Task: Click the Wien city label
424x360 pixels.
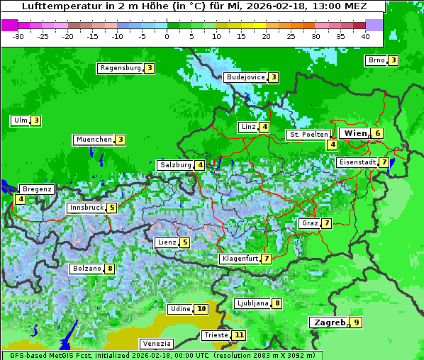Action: [x=355, y=133]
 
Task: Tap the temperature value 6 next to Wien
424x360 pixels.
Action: [x=379, y=133]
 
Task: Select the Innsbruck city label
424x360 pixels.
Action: [x=86, y=208]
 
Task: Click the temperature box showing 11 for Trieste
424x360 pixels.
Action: [x=239, y=335]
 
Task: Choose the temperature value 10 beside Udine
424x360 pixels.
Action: [x=201, y=309]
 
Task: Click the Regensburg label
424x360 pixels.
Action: [x=120, y=68]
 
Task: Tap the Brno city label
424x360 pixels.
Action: [x=376, y=60]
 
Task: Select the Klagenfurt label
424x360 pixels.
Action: [x=240, y=259]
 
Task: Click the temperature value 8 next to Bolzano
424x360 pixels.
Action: [x=109, y=269]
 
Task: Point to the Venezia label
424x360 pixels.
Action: [x=155, y=343]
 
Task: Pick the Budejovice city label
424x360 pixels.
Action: [x=245, y=77]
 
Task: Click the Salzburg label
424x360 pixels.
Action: [x=175, y=165]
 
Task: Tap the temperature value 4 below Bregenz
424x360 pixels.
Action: [x=20, y=200]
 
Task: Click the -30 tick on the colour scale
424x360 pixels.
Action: [x=18, y=35]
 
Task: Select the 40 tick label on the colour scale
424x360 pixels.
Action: [x=365, y=35]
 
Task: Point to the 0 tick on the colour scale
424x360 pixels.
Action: [x=167, y=35]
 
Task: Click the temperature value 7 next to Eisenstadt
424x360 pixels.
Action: [x=384, y=162]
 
